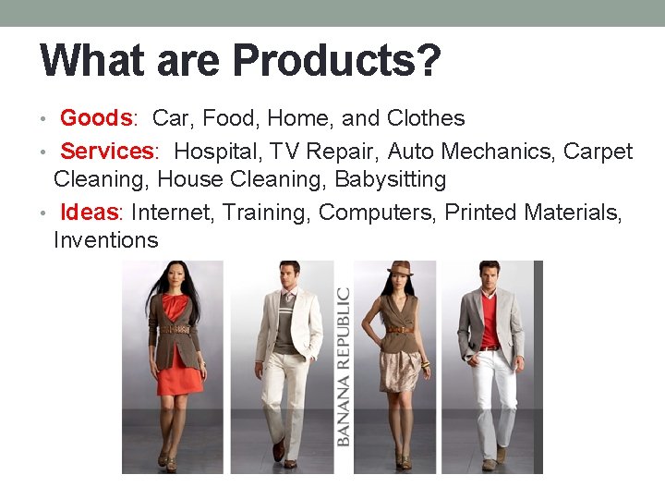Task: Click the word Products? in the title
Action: (x=336, y=62)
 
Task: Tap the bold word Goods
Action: (x=96, y=118)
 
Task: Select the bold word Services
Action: (x=107, y=152)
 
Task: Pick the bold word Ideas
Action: (x=90, y=213)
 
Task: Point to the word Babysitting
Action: (x=391, y=179)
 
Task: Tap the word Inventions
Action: (x=106, y=241)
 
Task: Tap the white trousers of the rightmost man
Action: (x=494, y=397)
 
